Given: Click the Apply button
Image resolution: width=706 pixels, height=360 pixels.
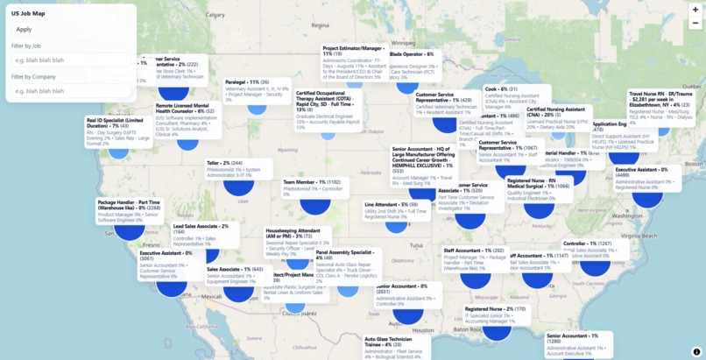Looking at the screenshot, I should [24, 29].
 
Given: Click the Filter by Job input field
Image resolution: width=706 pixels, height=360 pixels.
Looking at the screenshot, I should [70, 60].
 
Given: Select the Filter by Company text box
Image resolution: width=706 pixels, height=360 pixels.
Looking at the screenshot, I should [70, 91].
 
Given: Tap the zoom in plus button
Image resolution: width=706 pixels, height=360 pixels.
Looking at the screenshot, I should [695, 10].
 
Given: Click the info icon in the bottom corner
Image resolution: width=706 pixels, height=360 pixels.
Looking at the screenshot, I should [696, 352].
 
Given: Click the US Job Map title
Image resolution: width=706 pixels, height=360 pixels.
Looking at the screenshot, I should [27, 13].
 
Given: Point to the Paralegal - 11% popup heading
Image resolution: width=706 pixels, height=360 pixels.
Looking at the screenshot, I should [246, 81].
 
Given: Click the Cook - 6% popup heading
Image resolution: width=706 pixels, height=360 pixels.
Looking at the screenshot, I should [501, 88].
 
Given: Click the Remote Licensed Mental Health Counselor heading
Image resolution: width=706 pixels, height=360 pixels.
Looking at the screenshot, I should [186, 108].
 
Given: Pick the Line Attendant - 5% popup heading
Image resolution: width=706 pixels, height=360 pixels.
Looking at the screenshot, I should [391, 204].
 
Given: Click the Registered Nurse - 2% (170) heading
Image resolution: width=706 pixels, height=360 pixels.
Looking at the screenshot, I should [495, 309].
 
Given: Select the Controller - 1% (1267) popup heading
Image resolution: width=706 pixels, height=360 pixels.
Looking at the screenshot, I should [587, 244].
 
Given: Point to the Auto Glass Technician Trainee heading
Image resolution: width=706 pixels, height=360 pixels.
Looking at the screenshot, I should [388, 342].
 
